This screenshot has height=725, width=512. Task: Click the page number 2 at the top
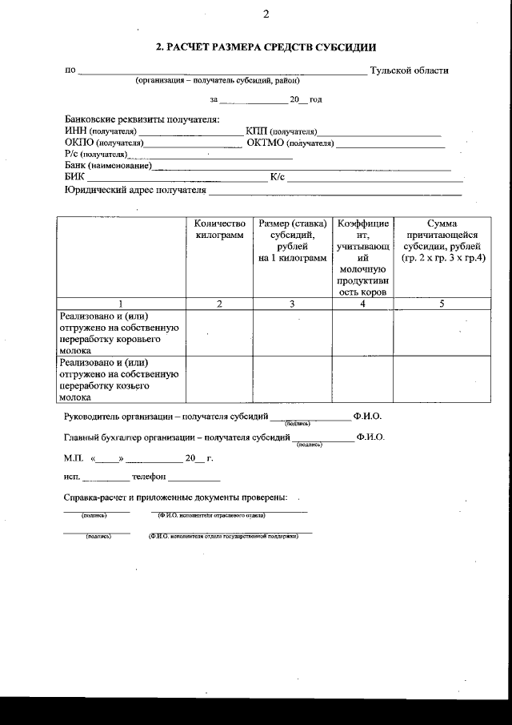click(266, 14)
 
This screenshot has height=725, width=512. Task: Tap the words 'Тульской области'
click(409, 70)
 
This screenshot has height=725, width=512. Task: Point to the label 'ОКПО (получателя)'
click(103, 143)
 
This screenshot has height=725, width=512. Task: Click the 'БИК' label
click(74, 177)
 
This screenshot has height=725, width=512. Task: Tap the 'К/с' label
click(278, 177)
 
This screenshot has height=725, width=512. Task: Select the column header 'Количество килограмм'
click(218, 230)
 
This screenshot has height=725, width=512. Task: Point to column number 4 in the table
click(362, 304)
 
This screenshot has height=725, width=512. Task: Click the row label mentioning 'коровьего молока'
click(120, 332)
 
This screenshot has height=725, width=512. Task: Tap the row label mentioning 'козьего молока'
click(120, 379)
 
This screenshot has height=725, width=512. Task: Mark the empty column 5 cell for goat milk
click(442, 379)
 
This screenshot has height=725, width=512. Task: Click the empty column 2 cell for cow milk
click(218, 332)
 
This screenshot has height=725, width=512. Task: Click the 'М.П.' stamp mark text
click(74, 459)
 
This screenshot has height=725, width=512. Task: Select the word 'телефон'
click(149, 477)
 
